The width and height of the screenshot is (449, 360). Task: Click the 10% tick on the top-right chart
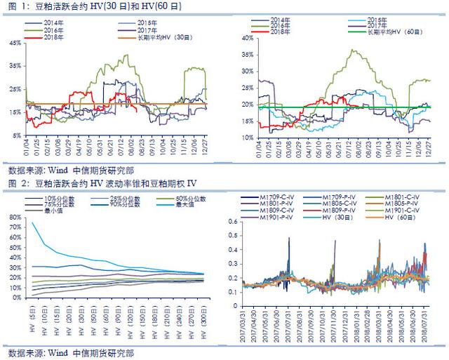coord(246,137)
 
